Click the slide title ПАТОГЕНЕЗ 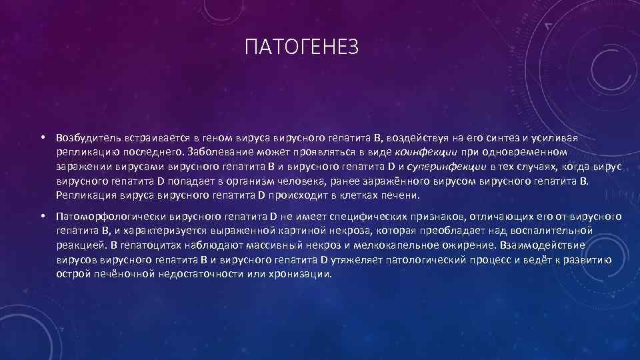coord(302,47)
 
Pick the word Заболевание coord(223,152)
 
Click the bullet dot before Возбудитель coord(41,137)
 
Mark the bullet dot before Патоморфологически coord(41,217)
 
